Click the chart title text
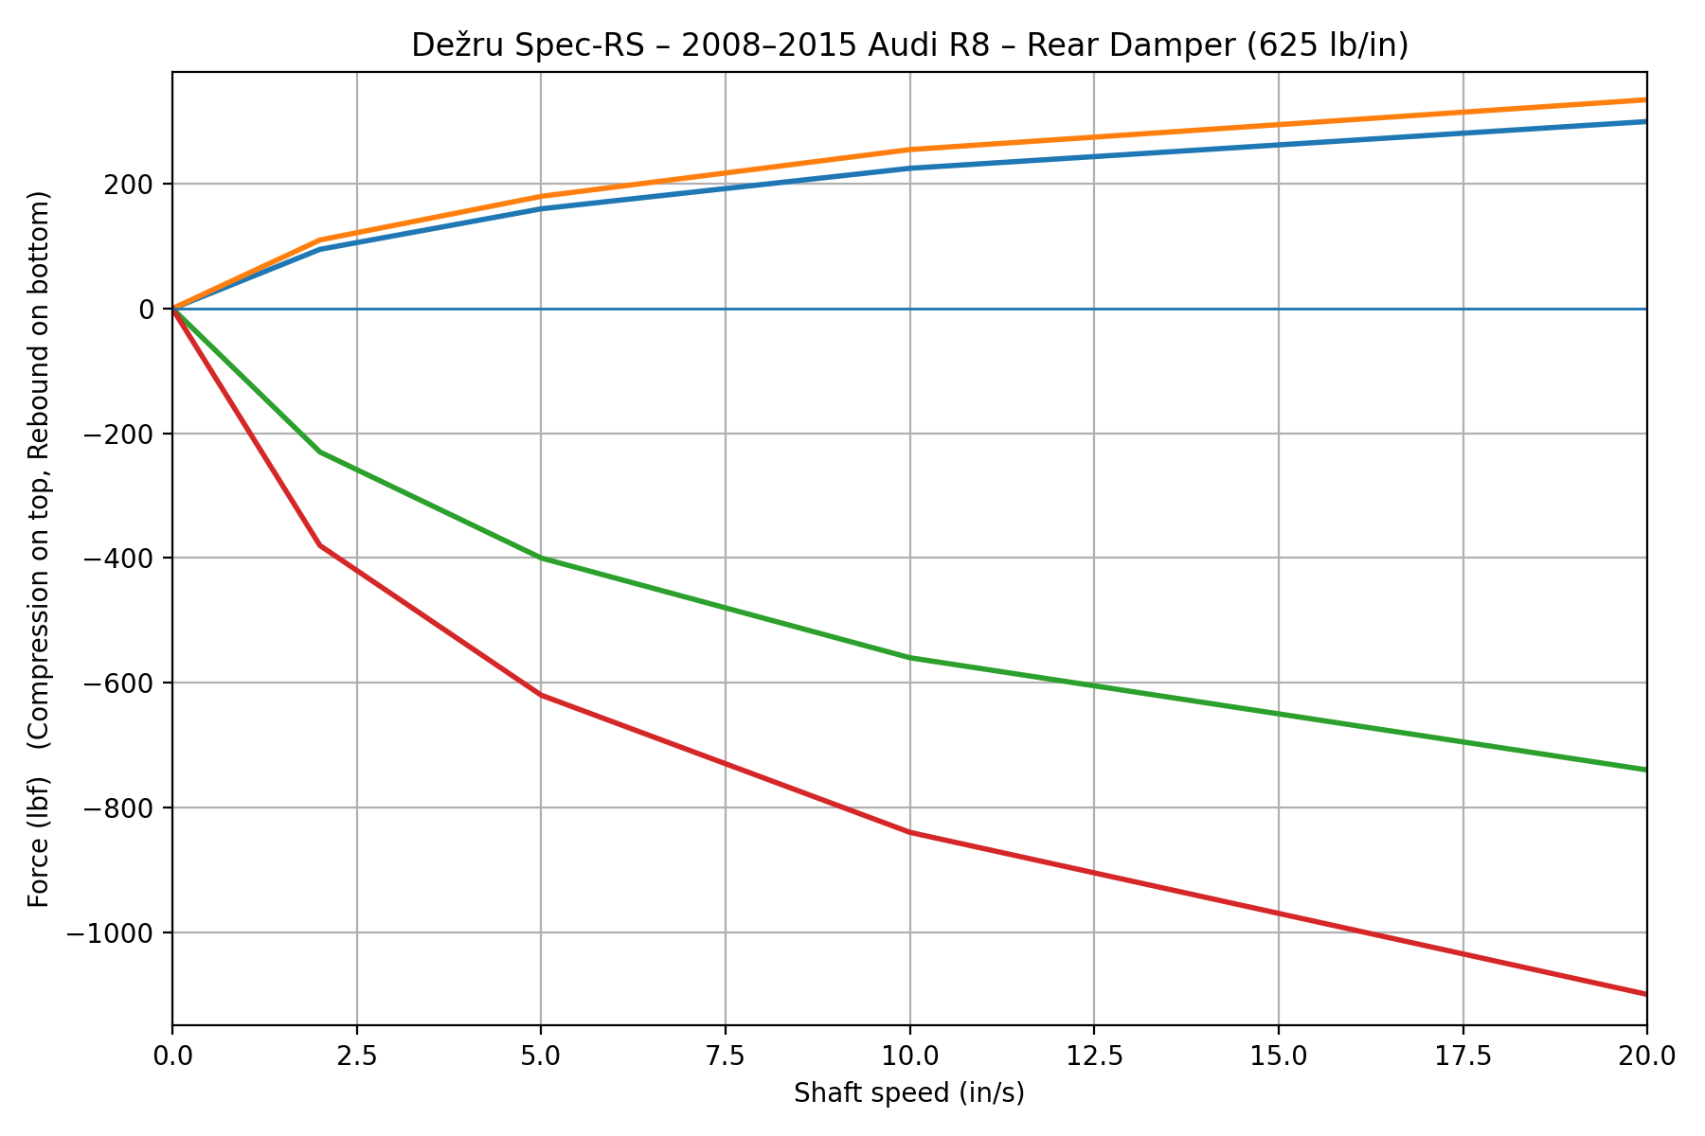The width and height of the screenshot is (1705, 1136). point(909,45)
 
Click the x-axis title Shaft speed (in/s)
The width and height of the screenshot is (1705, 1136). point(909,1093)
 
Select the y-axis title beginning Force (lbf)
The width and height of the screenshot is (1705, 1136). point(39,549)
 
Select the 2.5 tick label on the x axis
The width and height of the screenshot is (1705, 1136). point(356,1054)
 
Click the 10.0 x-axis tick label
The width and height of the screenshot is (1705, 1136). point(909,1054)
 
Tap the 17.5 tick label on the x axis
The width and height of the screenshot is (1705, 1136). point(1463,1054)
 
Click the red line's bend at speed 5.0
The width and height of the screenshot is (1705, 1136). point(541,695)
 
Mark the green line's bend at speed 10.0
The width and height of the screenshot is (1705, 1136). point(909,657)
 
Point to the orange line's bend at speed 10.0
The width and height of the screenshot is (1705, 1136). point(909,150)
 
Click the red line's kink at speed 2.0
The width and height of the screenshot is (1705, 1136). point(320,545)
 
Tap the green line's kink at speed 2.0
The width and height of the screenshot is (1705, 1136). point(320,452)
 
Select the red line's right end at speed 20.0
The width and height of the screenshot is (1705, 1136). point(1645,994)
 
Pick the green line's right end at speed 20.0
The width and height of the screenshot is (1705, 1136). point(1645,770)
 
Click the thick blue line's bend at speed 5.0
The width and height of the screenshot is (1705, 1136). point(541,208)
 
